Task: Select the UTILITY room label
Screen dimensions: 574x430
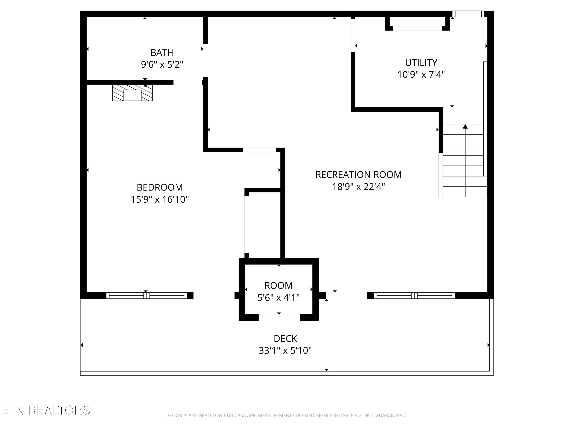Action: [421, 63]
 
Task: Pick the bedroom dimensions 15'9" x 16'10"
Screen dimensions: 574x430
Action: [160, 200]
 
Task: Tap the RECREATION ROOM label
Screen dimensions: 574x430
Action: [359, 175]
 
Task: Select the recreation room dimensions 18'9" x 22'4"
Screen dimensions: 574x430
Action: [359, 187]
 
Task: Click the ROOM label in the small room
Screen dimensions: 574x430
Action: [278, 286]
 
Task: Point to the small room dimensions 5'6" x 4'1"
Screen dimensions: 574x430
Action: [278, 298]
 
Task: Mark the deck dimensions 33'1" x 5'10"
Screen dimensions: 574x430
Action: [285, 351]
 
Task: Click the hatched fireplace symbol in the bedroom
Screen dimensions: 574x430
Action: [132, 92]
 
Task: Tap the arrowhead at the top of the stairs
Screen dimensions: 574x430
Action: [465, 127]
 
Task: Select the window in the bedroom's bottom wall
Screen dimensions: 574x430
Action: [147, 295]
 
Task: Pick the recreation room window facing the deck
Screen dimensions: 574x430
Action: [414, 295]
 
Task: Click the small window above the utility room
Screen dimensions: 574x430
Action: [468, 14]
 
